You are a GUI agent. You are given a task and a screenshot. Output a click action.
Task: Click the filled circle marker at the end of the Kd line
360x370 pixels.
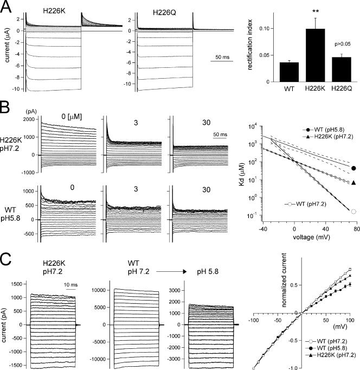pyautogui.click(x=354, y=168)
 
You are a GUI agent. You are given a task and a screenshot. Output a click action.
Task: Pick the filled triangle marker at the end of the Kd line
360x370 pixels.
pyautogui.click(x=354, y=182)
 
